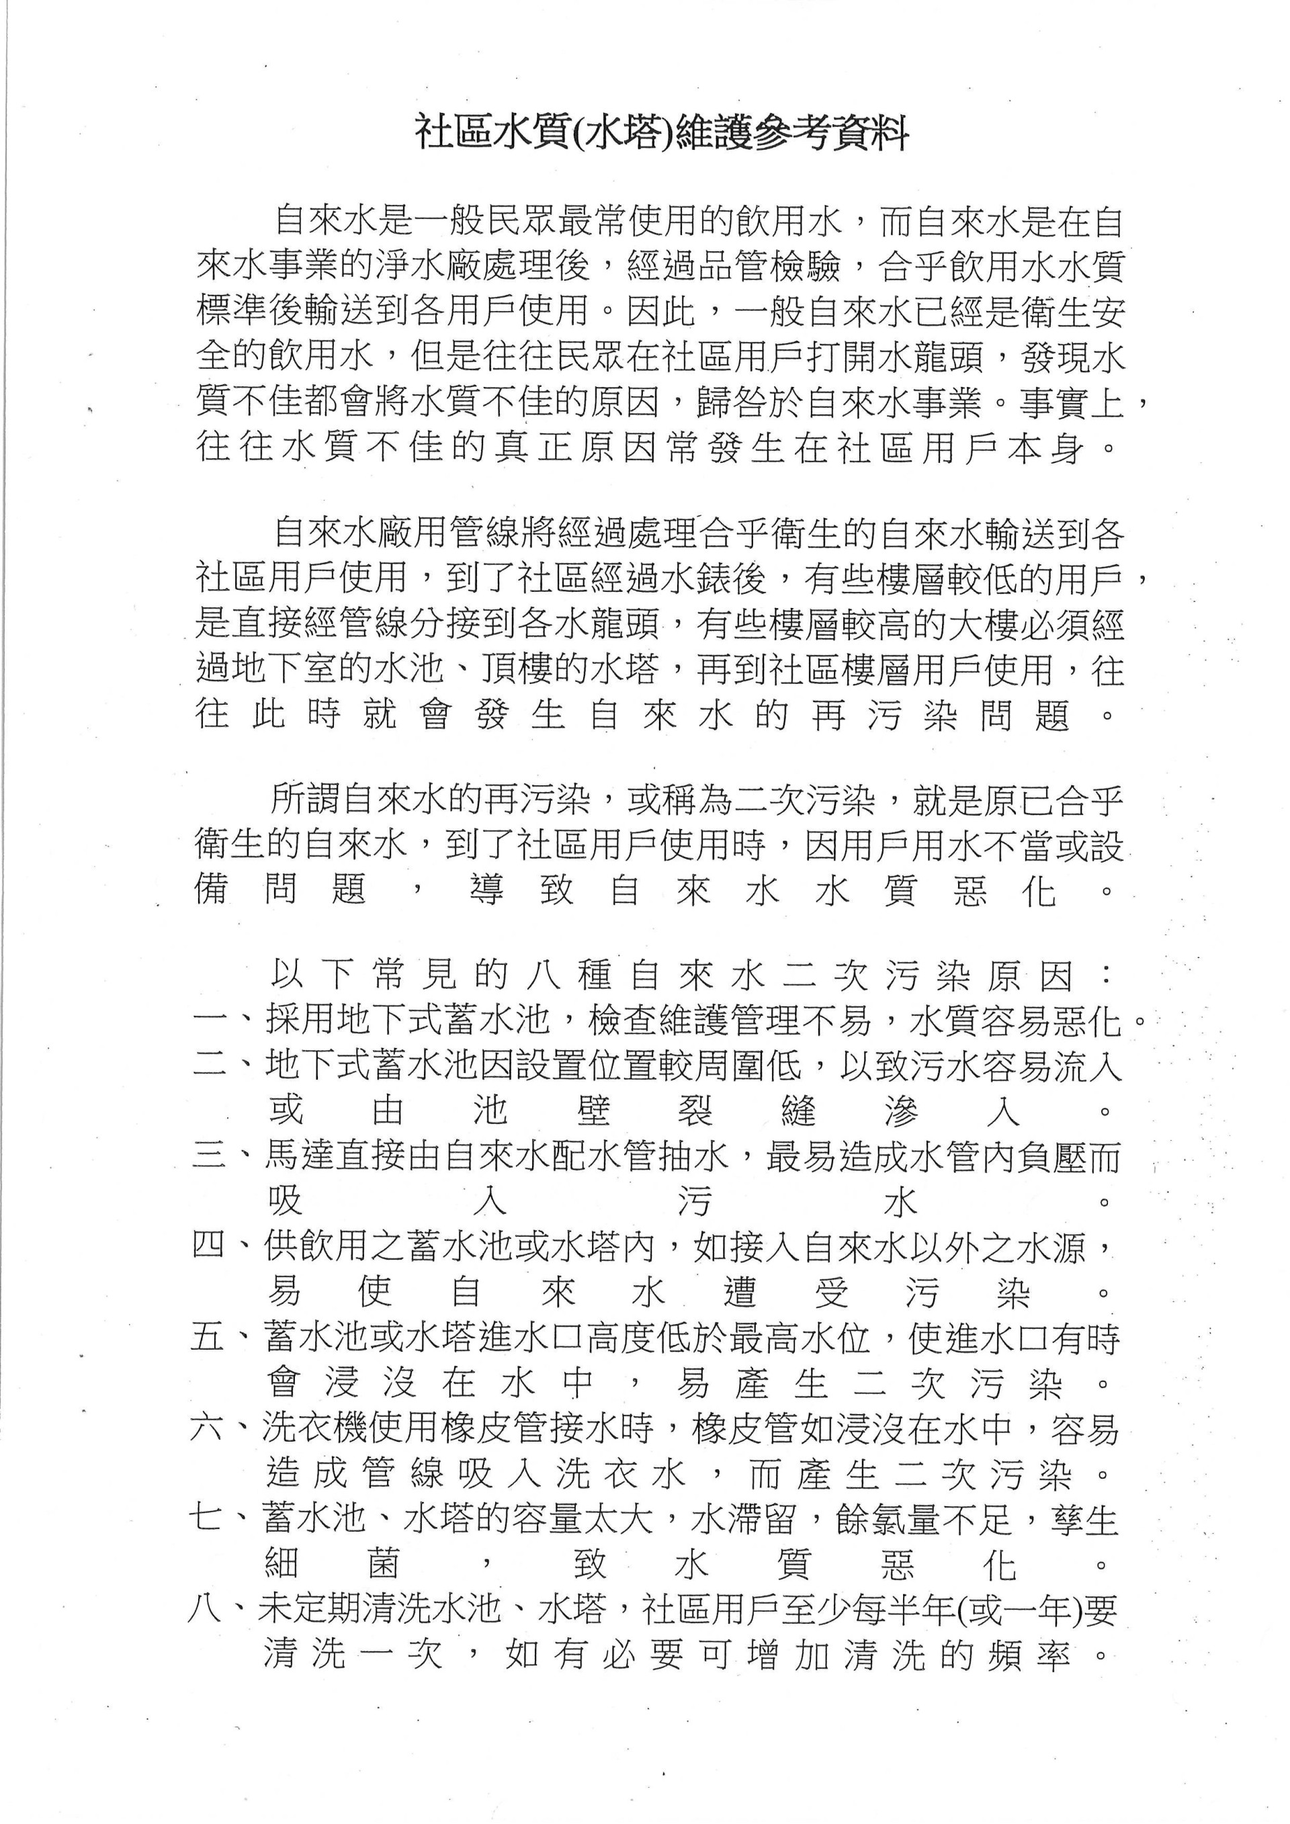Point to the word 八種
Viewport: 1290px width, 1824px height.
click(569, 976)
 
